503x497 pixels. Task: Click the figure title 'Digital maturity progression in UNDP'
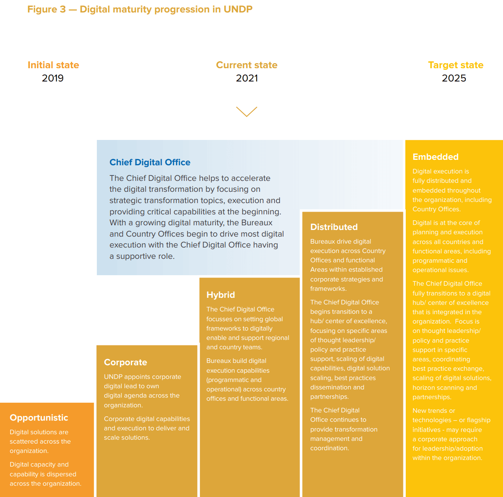point(166,9)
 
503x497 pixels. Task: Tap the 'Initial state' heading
point(53,65)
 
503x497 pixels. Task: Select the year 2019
point(53,78)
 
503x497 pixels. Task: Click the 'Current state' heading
point(247,65)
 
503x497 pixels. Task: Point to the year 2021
point(247,78)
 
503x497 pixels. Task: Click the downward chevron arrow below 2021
point(247,111)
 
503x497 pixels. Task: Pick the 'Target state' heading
point(456,65)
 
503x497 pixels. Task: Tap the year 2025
point(454,78)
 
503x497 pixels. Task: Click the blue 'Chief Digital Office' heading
point(150,163)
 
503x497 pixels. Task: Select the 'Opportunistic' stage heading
point(39,418)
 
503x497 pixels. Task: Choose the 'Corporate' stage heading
point(125,363)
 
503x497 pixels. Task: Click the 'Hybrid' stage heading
point(221,295)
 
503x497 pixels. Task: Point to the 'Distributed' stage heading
point(334,227)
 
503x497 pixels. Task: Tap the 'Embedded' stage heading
point(435,157)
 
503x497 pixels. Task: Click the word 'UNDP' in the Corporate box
point(113,377)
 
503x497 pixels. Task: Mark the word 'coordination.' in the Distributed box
point(330,448)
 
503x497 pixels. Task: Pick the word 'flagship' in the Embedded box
point(479,420)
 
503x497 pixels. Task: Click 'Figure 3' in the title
point(46,9)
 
